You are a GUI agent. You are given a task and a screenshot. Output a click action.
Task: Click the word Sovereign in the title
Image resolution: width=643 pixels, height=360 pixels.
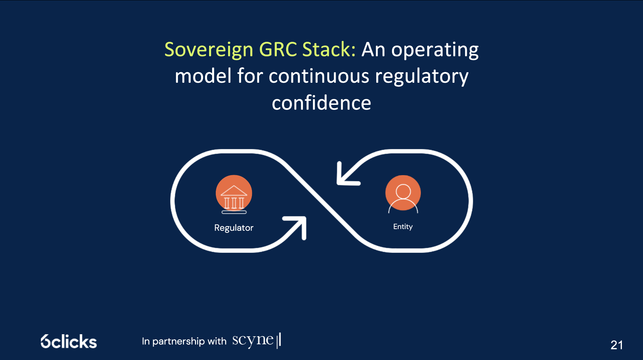point(209,50)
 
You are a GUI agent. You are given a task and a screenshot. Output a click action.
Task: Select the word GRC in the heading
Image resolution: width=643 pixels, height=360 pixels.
point(278,49)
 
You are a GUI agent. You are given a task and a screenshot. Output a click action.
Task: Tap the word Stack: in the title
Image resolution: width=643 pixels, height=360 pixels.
point(329,49)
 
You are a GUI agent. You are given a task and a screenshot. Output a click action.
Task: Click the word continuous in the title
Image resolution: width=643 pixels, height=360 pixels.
point(319,76)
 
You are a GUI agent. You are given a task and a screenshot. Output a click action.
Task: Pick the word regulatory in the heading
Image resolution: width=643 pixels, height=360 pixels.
point(422,77)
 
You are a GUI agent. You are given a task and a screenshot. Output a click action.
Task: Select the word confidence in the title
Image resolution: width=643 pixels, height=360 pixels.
point(321,102)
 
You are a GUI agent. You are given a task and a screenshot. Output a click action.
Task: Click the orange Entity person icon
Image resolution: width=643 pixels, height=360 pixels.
point(403,194)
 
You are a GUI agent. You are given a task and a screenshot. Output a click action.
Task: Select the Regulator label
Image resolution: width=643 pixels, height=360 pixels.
point(234,228)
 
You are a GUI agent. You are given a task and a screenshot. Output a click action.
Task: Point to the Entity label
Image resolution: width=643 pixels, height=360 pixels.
point(403,227)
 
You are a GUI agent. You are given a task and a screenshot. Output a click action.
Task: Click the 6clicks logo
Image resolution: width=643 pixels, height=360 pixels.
point(69,342)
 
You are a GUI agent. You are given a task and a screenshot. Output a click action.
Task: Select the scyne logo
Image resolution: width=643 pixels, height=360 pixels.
point(257,340)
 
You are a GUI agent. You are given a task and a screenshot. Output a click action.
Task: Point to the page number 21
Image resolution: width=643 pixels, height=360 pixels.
point(617,345)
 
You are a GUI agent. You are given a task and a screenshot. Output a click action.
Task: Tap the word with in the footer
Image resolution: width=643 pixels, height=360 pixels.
point(217,341)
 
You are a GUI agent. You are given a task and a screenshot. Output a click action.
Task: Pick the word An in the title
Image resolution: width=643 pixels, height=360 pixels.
point(373,50)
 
